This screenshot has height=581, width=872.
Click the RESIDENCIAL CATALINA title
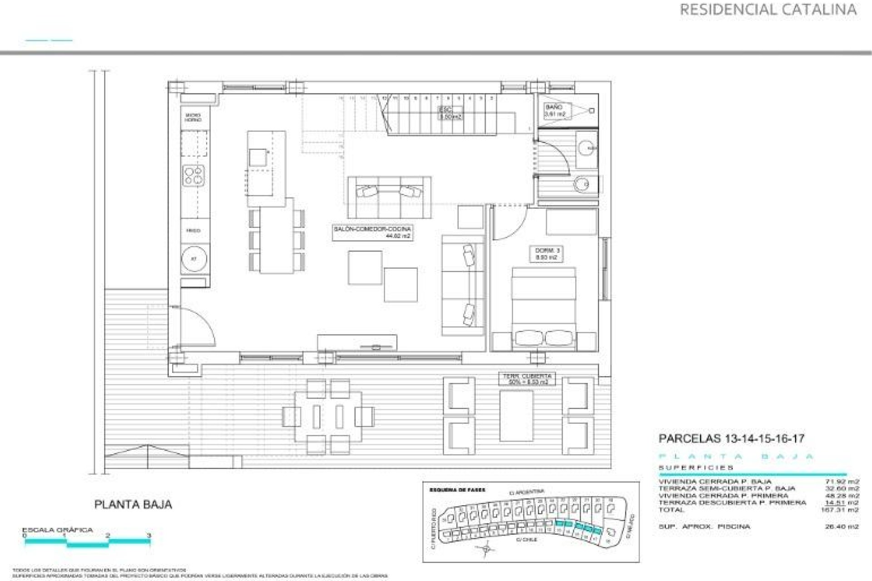click(x=768, y=10)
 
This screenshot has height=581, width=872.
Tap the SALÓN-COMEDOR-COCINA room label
click(x=372, y=232)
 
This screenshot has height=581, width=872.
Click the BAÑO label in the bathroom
click(x=555, y=111)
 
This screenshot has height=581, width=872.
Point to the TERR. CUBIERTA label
click(x=527, y=379)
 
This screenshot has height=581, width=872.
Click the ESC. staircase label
click(x=450, y=113)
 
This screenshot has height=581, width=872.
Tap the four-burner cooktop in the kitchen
click(x=194, y=175)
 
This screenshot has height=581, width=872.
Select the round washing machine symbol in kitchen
click(x=194, y=259)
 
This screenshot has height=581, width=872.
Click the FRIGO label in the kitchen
click(x=193, y=231)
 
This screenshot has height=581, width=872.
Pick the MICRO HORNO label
click(x=193, y=118)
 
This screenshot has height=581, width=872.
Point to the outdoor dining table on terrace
click(x=328, y=416)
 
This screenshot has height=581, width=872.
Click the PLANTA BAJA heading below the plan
click(x=133, y=504)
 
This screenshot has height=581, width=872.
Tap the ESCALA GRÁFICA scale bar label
click(x=58, y=530)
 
